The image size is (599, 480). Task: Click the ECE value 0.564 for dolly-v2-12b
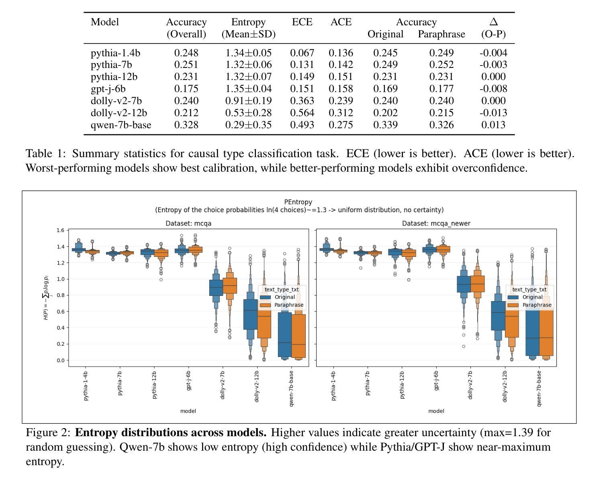point(302,113)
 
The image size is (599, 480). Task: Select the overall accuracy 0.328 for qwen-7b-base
point(186,125)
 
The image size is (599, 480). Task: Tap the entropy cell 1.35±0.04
point(248,89)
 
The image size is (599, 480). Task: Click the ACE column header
point(341,22)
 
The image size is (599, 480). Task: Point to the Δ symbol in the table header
point(493,22)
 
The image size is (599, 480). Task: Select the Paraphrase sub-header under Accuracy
point(441,34)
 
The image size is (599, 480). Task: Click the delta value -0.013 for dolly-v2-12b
point(493,113)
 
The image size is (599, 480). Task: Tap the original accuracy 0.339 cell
point(385,125)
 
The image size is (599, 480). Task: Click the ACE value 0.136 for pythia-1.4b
point(341,53)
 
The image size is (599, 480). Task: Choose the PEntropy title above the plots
point(298,202)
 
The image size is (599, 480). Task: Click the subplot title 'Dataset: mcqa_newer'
point(436,224)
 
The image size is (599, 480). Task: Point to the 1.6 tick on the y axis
point(60,230)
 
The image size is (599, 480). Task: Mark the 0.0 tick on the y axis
point(60,360)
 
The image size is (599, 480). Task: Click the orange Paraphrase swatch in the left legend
point(266,305)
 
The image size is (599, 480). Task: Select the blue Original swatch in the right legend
point(513,297)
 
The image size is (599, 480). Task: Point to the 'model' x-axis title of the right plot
point(436,411)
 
